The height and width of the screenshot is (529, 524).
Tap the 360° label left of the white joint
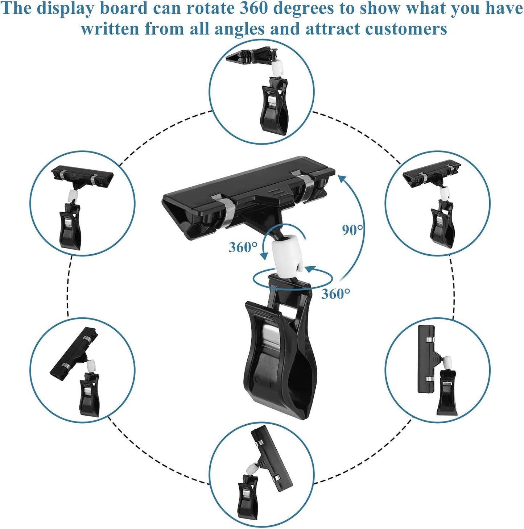tap(243, 247)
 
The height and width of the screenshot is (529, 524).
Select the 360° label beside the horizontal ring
tap(336, 294)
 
